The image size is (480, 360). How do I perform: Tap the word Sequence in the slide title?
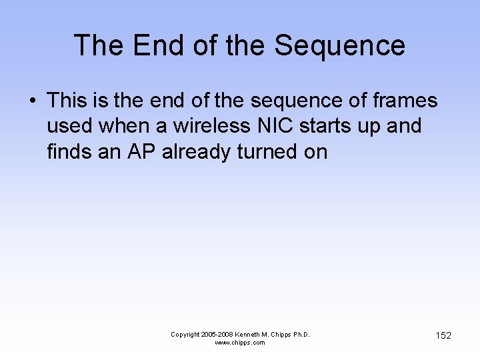coord(340,45)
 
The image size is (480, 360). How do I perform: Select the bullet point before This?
coord(32,101)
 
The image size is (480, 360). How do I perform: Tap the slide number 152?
coord(443,335)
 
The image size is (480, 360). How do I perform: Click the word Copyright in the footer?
coord(186,334)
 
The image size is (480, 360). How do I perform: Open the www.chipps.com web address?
coord(240,343)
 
